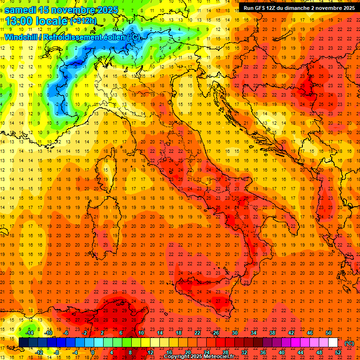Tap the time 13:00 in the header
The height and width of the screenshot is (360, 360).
[18, 21]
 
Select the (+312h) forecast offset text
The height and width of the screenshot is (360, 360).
[83, 21]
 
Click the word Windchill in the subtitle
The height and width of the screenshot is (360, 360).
[23, 37]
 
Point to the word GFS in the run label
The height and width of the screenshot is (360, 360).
[266, 8]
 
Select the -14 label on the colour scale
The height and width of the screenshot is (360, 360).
[30, 332]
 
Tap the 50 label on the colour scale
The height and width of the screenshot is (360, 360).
[329, 332]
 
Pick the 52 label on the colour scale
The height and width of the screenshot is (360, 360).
[338, 352]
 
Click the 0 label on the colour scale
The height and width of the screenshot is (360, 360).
[92, 352]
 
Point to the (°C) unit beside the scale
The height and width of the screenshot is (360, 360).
[349, 343]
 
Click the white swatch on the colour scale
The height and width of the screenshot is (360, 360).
[333, 343]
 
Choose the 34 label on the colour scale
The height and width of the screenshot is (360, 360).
[254, 332]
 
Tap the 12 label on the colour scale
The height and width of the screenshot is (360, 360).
[150, 352]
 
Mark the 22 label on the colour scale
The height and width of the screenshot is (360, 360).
[197, 332]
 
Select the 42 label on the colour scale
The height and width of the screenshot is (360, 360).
[291, 332]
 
